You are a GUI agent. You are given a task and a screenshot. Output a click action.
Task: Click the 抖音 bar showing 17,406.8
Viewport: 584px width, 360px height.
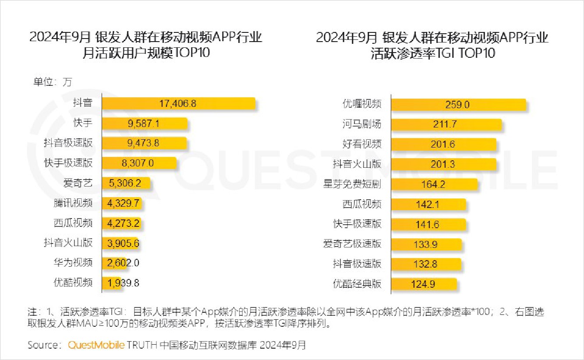coord(178,104)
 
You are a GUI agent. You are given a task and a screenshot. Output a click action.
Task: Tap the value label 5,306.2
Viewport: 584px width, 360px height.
coord(122,184)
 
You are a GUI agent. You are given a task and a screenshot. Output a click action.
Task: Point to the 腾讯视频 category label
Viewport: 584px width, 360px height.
coord(73,203)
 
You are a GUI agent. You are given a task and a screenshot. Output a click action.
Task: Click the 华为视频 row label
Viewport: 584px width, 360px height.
coord(73,263)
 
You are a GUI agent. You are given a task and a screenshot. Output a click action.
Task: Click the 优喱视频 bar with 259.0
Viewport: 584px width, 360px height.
coord(458,105)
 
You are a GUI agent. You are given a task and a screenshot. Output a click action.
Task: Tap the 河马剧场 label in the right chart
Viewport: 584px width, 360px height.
coord(362,124)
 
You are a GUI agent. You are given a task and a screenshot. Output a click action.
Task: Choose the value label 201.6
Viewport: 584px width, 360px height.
coord(442,144)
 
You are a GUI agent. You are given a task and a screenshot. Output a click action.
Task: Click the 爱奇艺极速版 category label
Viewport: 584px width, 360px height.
coord(352,244)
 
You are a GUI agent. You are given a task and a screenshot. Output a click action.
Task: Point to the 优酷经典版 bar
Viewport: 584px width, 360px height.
coord(423,284)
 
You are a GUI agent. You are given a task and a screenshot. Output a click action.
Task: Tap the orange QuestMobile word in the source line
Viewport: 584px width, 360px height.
coord(96,345)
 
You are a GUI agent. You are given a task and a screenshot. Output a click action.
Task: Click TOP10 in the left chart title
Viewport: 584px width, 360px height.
coord(192,53)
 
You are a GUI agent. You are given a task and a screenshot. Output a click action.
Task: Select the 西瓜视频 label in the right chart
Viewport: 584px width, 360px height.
coord(362,204)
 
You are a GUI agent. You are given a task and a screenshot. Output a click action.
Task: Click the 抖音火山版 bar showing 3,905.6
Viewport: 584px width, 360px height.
coord(120,243)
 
